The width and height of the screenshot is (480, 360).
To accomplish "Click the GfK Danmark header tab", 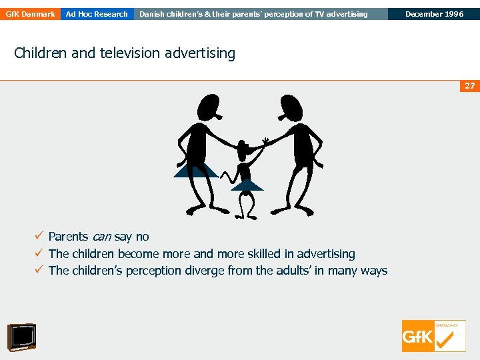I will click(29, 14).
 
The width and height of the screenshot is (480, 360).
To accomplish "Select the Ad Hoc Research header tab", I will click(97, 14).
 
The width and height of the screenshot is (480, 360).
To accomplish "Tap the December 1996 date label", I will click(433, 14).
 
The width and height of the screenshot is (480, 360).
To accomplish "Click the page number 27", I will click(470, 86).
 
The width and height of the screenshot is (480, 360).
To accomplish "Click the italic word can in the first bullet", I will click(101, 237).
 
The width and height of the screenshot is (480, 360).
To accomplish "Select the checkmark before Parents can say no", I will click(40, 237).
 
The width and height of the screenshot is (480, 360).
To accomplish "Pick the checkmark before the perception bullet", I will click(40, 271).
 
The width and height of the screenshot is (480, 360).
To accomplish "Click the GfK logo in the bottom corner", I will click(433, 336).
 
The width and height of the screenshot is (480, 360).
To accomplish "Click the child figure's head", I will click(245, 147).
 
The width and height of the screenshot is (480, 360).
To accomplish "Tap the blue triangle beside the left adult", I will click(194, 170).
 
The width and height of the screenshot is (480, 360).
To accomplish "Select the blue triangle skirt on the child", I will click(247, 185).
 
